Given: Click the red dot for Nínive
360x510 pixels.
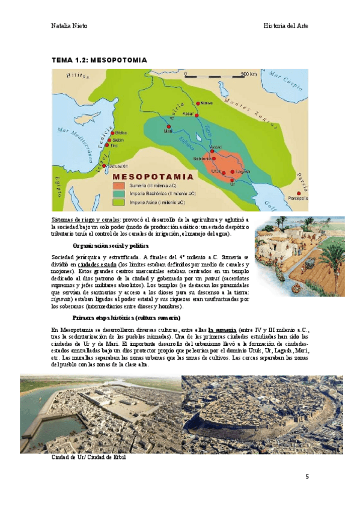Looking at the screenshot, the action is [198, 103].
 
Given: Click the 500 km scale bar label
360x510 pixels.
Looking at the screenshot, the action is [249, 74].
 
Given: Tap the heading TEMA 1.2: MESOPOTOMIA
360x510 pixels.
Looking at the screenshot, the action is [99, 60].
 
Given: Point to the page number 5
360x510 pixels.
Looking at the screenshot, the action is [307, 477].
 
